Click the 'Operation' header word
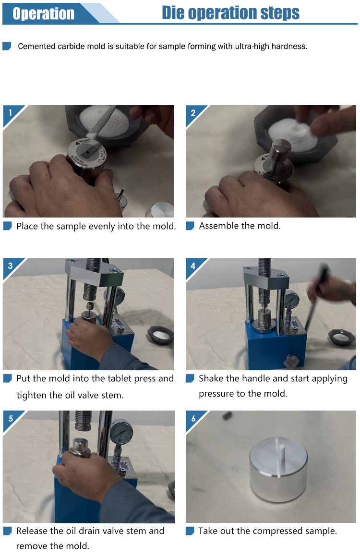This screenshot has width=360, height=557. [43, 13]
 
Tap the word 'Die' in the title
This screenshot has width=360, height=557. [173, 12]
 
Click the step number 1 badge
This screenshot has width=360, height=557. [10, 113]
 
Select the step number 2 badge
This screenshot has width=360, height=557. [193, 113]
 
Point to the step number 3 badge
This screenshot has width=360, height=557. [10, 266]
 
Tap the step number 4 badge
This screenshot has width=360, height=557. [193, 266]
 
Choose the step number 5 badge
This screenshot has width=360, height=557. [10, 418]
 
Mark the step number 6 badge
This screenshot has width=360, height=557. [193, 418]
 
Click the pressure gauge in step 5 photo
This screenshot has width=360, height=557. [121, 433]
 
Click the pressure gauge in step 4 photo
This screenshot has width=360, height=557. [292, 301]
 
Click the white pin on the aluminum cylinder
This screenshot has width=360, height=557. [283, 450]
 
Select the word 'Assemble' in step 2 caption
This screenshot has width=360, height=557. [219, 226]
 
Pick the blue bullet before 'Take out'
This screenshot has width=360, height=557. [190, 531]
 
